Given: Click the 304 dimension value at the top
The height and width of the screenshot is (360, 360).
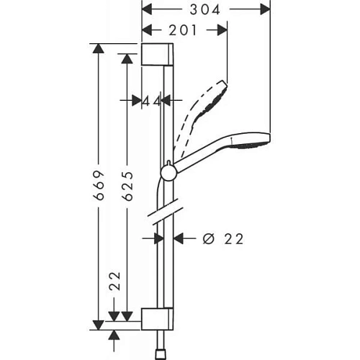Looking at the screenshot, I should point(203,9).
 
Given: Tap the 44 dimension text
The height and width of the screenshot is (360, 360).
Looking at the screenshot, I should point(150,102).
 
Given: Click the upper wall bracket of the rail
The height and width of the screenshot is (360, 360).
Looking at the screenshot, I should point(157,54).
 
